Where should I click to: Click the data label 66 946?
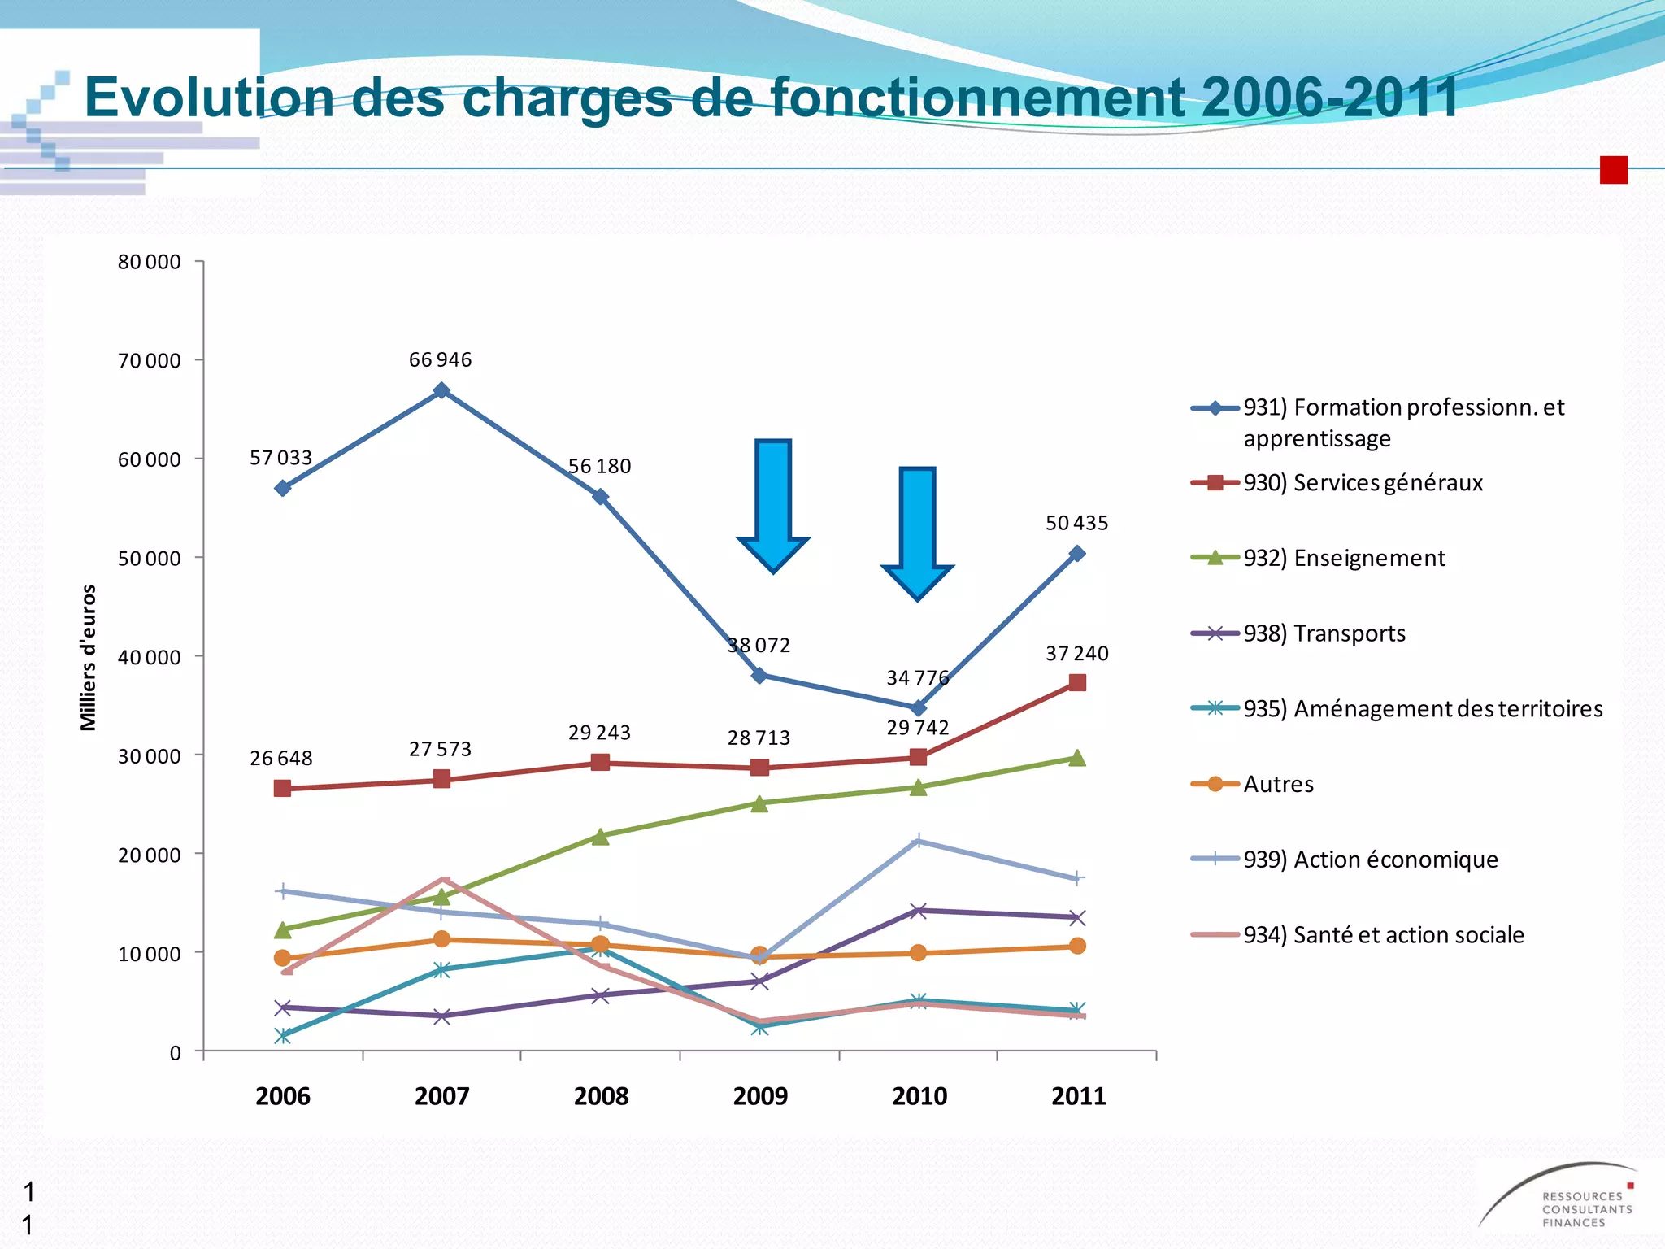coord(440,359)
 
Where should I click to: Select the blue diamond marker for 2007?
coord(441,390)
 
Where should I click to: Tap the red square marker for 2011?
coord(1077,682)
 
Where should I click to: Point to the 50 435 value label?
coord(1076,523)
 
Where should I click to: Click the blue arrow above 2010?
coord(917,533)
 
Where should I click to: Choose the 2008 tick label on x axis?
coord(601,1096)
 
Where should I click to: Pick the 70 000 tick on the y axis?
coord(150,360)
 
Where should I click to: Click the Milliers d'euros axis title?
coord(88,657)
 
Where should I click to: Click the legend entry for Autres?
coord(1278,784)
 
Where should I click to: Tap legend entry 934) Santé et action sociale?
coord(1383,935)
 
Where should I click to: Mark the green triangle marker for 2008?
coord(600,837)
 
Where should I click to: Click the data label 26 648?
coord(280,758)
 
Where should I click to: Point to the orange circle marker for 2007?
coord(441,939)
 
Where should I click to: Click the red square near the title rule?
coord(1613,170)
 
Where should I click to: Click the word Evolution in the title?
coord(209,98)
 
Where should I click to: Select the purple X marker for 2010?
coord(918,911)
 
